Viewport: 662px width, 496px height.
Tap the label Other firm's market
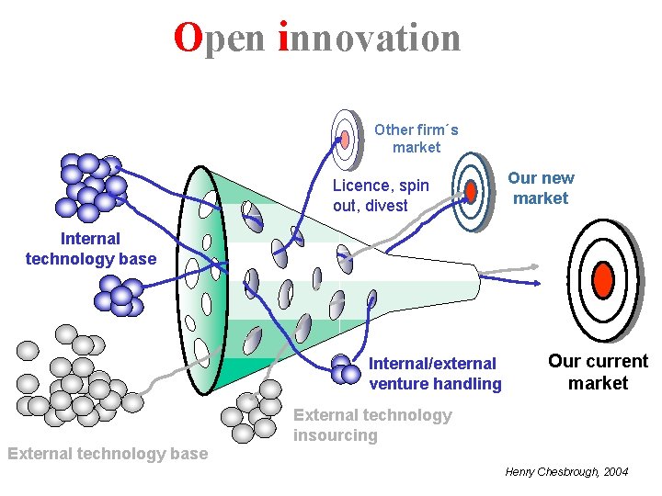416,139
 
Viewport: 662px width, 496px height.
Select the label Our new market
541,188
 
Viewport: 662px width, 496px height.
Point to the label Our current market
598,372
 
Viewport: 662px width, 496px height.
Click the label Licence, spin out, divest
381,196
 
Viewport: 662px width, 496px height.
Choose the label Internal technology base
91,249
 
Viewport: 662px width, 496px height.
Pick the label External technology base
108,453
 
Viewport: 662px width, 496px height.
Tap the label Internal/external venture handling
435,374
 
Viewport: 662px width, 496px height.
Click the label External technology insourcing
372,425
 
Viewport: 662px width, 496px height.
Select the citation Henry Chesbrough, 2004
567,471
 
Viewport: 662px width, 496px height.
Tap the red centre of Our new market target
471,192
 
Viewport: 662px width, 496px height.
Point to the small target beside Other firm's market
345,139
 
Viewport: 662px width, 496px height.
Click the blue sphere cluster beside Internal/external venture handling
344,369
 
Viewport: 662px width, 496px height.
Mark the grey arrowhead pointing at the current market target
534,266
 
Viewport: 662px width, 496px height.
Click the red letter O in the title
188,39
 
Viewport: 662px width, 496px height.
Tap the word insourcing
336,435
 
